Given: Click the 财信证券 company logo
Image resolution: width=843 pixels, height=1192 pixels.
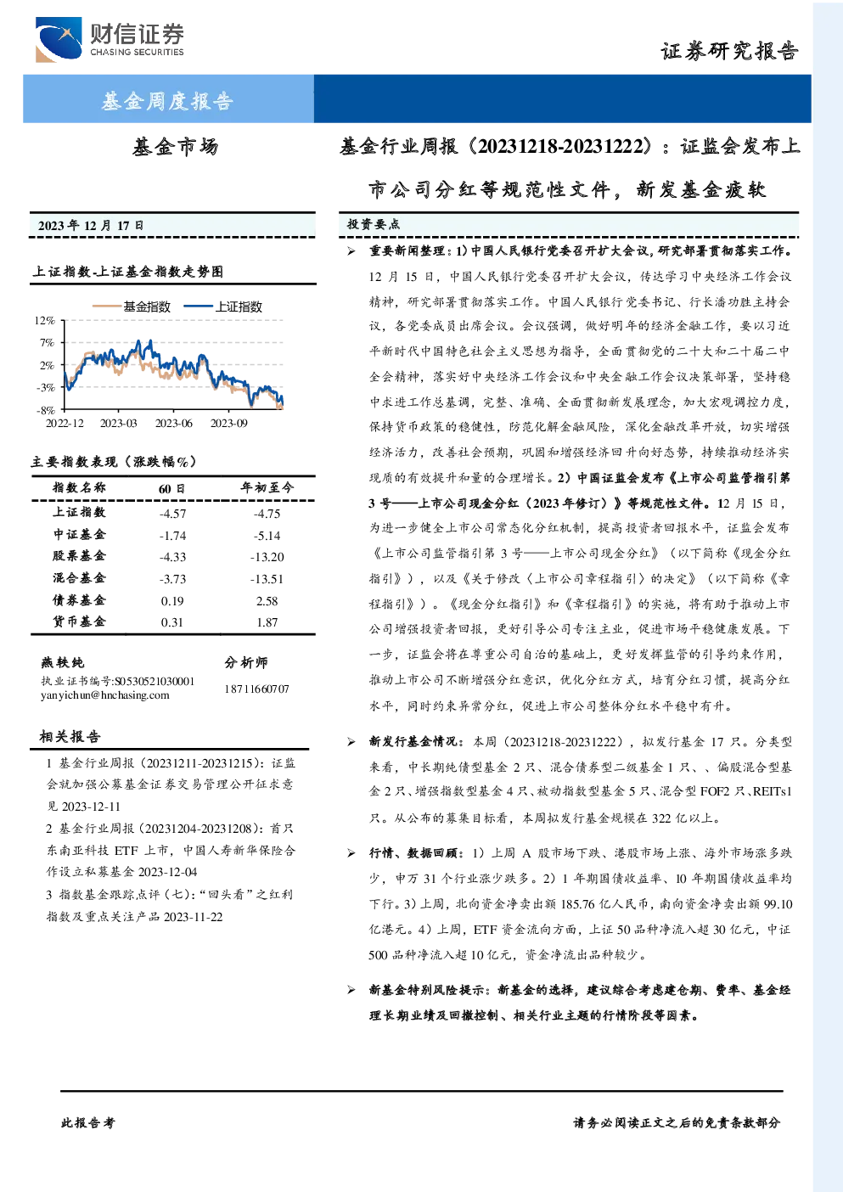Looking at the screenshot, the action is [x=110, y=39].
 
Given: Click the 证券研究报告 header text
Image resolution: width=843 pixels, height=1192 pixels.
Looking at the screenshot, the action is [x=729, y=52].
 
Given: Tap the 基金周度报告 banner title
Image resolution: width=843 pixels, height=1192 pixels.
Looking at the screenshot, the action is [x=167, y=100].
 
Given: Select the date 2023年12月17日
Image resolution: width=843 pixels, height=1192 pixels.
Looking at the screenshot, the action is [x=91, y=226].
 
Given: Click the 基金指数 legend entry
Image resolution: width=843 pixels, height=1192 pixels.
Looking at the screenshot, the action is [x=132, y=306].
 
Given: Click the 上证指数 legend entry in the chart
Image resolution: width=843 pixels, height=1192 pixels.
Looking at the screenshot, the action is [x=223, y=306].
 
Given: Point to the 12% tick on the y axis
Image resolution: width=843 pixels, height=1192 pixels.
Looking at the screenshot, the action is [x=45, y=320].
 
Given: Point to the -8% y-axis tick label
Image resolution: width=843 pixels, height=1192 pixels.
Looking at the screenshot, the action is [x=46, y=410].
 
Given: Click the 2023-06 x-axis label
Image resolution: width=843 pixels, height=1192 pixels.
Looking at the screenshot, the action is [x=173, y=423].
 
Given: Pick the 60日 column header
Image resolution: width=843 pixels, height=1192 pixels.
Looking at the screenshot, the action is [x=171, y=488].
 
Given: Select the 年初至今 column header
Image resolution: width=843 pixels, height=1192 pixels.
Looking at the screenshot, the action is [x=267, y=487].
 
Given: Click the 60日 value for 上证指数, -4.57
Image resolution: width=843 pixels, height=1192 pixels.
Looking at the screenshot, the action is [x=172, y=514].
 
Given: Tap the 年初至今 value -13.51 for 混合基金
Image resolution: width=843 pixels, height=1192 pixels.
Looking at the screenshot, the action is [x=267, y=579].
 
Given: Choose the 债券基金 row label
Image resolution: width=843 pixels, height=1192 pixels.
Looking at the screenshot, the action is [x=79, y=600].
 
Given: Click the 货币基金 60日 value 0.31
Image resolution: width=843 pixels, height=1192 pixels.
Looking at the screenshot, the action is [x=171, y=622].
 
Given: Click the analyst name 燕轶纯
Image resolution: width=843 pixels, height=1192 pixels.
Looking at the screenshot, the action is [x=62, y=662].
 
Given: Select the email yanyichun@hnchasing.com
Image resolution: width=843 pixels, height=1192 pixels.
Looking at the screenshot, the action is [x=104, y=695].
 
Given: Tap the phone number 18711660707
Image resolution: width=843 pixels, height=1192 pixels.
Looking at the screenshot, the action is [x=256, y=689].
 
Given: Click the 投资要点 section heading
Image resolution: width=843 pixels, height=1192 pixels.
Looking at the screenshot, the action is [x=374, y=224].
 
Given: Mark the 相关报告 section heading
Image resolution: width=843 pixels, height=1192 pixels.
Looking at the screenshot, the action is [x=70, y=736].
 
